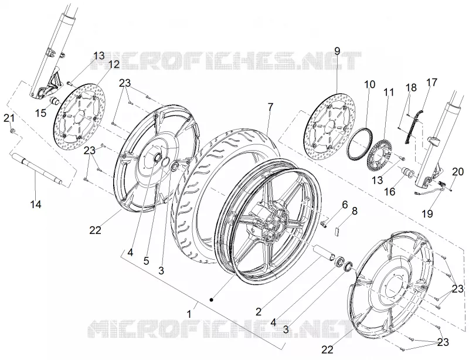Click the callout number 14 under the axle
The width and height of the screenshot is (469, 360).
pos(36,205)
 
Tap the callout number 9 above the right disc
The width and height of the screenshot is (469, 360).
pos(337,51)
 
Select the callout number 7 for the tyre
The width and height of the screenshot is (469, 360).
pos(270,107)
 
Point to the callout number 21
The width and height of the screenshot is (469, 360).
pos(9,118)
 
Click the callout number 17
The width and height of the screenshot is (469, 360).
pos(432,82)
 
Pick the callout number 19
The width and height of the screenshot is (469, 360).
pos(428,213)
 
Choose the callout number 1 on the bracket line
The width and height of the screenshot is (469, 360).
pos(189,314)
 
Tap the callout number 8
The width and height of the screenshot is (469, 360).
pos(355,211)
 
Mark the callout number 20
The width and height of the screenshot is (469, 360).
pos(458,172)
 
